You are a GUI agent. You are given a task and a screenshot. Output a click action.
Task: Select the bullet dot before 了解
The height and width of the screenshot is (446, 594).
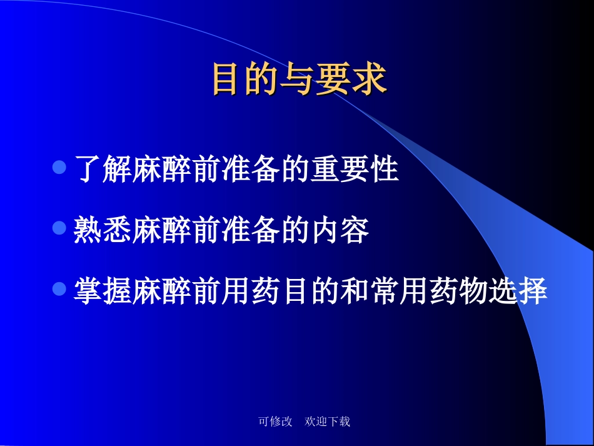[60, 168]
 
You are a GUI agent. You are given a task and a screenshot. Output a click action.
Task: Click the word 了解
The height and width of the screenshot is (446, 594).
[103, 170]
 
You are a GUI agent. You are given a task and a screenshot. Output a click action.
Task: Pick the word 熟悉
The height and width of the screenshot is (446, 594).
[103, 231]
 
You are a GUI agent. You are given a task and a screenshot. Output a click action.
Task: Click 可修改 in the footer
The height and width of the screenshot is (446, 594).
[275, 422]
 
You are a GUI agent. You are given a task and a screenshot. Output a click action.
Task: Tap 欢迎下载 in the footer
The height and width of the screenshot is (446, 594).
[327, 422]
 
